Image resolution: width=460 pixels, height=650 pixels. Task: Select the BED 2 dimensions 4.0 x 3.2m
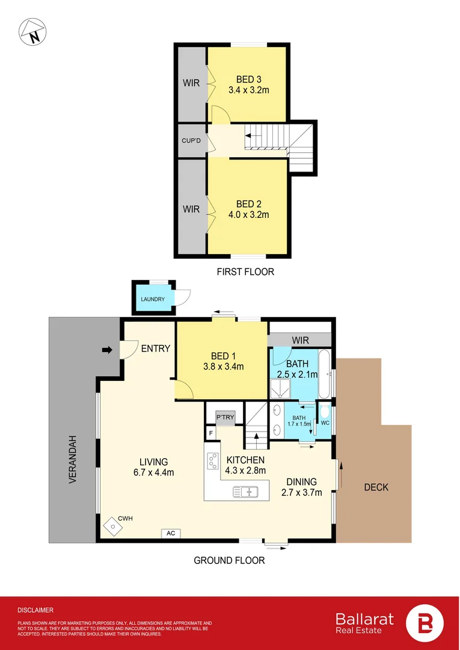pos(248,214)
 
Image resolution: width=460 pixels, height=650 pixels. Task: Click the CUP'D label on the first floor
pos(191,141)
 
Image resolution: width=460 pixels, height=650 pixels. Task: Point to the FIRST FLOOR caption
pos(245,272)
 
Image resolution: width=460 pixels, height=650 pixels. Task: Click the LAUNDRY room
pos(153,299)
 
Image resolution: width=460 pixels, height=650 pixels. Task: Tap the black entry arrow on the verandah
pos(108,349)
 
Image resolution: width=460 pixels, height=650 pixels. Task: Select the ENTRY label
pos(156,348)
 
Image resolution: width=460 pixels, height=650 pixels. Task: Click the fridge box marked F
pos(211,433)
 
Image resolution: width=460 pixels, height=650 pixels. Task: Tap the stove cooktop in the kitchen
pos(212,460)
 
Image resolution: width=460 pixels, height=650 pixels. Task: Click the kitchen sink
pos(246,492)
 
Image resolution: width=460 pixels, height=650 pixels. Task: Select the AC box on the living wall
pos(170,533)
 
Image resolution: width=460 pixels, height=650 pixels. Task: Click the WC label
pos(325,423)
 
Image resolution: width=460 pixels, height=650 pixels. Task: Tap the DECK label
pos(376,487)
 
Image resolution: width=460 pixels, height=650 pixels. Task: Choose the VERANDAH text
pos(72,460)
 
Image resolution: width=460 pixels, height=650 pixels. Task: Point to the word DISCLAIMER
pos(35,610)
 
